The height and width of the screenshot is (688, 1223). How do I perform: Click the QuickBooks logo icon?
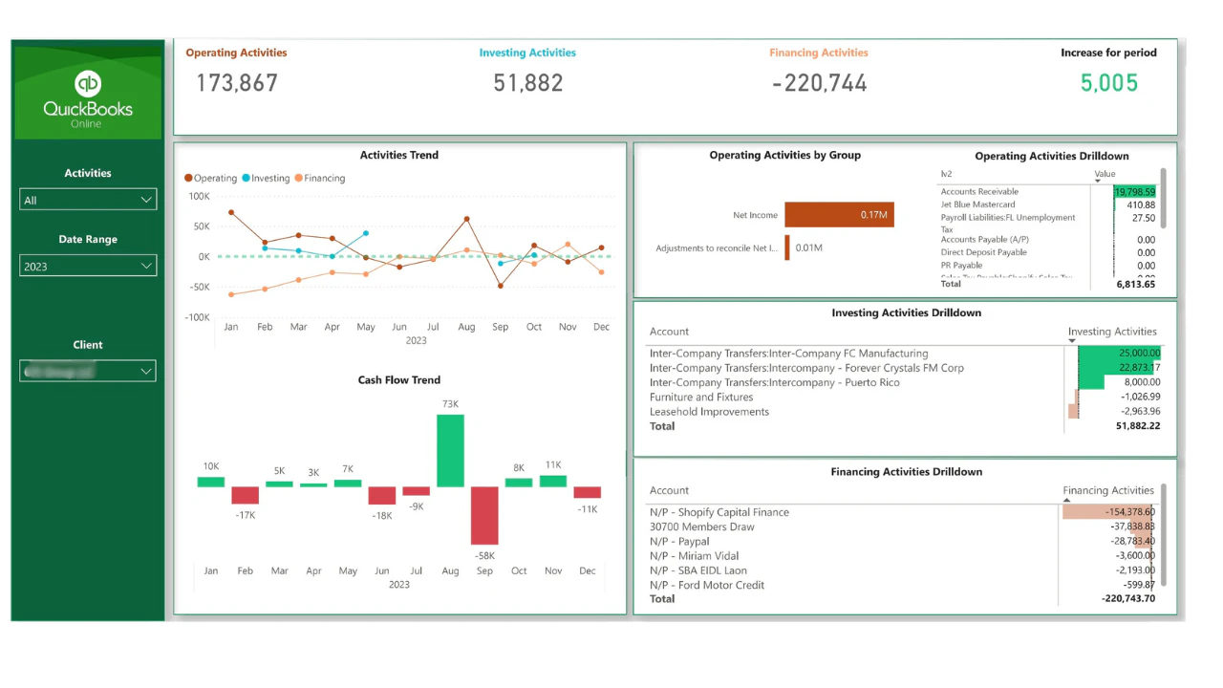click(x=88, y=84)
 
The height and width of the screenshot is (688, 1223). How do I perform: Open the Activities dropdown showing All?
click(x=88, y=200)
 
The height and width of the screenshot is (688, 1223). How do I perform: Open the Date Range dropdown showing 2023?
click(x=88, y=266)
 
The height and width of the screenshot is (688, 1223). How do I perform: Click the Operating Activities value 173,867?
click(x=237, y=83)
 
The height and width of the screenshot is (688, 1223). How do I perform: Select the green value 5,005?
click(x=1109, y=83)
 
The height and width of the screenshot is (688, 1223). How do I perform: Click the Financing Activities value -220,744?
click(x=820, y=83)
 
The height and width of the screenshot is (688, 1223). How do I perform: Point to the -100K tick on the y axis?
click(x=197, y=317)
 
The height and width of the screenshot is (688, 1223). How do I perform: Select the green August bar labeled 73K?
click(x=450, y=450)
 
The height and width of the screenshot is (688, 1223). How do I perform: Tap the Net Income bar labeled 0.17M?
click(x=839, y=215)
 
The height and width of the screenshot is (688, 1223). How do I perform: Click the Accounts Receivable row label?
click(x=979, y=192)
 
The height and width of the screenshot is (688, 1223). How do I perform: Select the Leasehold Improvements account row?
click(x=709, y=412)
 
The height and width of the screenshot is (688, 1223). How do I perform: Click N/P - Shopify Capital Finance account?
click(x=719, y=512)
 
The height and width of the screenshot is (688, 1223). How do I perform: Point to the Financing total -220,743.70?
click(x=1127, y=599)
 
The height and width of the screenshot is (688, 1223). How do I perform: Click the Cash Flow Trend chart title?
click(x=399, y=380)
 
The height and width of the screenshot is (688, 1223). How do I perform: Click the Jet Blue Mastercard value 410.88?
click(x=1140, y=204)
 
